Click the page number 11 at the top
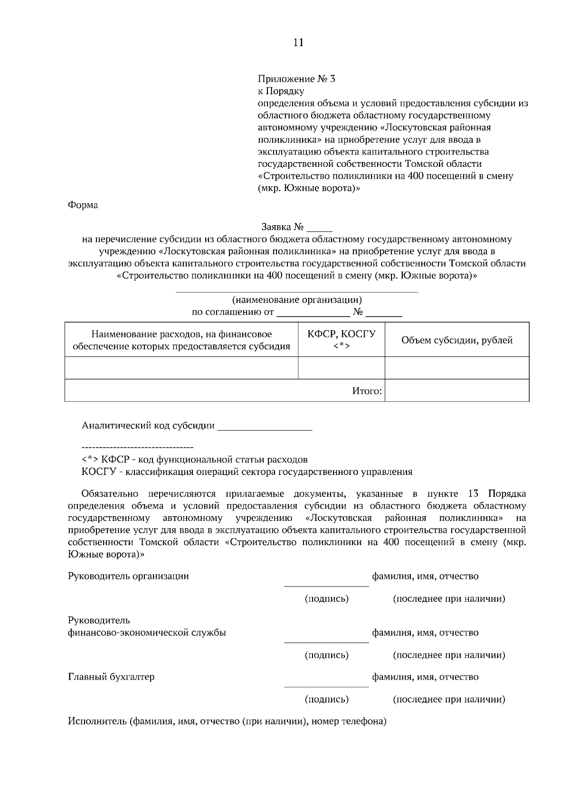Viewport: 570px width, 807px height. click(298, 43)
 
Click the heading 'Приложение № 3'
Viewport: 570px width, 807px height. click(296, 79)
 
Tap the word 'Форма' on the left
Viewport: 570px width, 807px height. click(83, 205)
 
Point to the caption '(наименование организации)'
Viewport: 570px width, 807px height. click(297, 300)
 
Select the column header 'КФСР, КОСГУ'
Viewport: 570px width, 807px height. click(341, 334)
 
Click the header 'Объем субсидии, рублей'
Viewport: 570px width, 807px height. click(456, 340)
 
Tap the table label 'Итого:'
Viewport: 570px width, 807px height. click(367, 391)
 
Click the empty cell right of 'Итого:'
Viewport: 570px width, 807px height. click(456, 391)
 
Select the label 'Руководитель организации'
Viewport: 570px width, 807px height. click(128, 576)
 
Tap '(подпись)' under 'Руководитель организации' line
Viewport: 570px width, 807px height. click(326, 599)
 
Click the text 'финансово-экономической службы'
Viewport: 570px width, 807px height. click(147, 633)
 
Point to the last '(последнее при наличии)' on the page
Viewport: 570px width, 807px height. click(448, 700)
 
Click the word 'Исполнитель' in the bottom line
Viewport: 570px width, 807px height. click(96, 722)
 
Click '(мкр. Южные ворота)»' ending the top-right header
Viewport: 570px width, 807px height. click(309, 188)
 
